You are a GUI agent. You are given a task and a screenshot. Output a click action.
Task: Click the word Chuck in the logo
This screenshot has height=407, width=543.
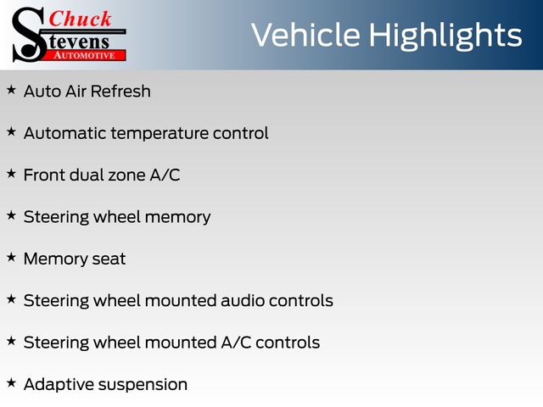click(80, 19)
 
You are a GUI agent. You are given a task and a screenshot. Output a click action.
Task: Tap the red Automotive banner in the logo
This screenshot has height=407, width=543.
click(85, 56)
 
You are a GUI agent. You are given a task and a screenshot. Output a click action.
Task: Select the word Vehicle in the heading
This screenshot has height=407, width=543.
click(305, 35)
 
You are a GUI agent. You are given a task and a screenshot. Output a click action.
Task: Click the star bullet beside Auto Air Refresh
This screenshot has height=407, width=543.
click(11, 90)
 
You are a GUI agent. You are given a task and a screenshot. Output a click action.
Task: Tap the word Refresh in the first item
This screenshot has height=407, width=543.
click(120, 92)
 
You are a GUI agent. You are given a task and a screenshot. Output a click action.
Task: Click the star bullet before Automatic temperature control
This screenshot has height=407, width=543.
click(11, 132)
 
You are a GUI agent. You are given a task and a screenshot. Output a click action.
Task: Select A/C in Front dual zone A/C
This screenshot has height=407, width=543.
click(165, 175)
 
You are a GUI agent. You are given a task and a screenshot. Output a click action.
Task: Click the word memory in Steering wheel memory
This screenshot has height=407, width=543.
click(177, 218)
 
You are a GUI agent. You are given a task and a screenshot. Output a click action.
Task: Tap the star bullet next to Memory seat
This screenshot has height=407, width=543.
click(11, 258)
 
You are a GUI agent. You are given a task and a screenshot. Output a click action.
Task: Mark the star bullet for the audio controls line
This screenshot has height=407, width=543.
click(11, 299)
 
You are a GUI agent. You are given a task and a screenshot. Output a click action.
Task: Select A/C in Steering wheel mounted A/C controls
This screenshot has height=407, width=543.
click(236, 343)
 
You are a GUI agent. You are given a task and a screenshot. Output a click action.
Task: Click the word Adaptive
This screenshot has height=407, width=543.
click(54, 385)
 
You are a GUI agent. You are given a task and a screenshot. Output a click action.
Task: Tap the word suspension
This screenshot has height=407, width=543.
click(138, 385)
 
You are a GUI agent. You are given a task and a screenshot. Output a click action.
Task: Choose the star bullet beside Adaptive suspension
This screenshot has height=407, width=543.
click(11, 383)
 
